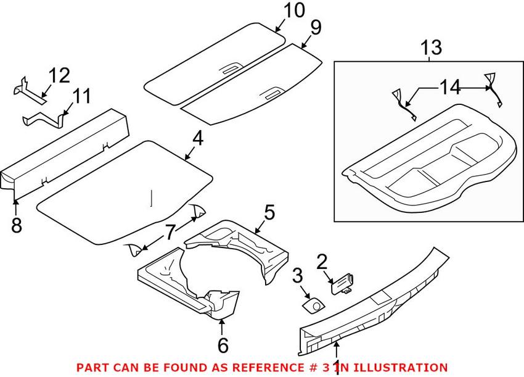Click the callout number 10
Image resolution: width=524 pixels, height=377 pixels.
point(293,10)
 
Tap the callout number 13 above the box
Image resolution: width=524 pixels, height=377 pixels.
point(431,48)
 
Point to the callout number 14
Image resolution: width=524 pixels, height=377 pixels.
point(450,88)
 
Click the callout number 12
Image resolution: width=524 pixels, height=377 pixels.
point(59,76)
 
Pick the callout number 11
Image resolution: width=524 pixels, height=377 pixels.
point(81,96)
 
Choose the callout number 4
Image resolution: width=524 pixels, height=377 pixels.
point(198,138)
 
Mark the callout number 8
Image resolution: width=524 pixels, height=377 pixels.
point(17,225)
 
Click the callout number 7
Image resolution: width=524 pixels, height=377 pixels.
point(170,233)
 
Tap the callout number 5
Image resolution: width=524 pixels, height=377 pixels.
point(269,212)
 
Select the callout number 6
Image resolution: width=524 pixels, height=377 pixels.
point(223,345)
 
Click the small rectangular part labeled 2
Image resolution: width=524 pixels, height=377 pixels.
point(343,284)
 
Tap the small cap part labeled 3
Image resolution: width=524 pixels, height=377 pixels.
point(313,305)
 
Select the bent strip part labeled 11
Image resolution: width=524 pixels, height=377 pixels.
point(43,120)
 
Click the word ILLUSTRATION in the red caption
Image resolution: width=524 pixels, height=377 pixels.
point(400,368)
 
